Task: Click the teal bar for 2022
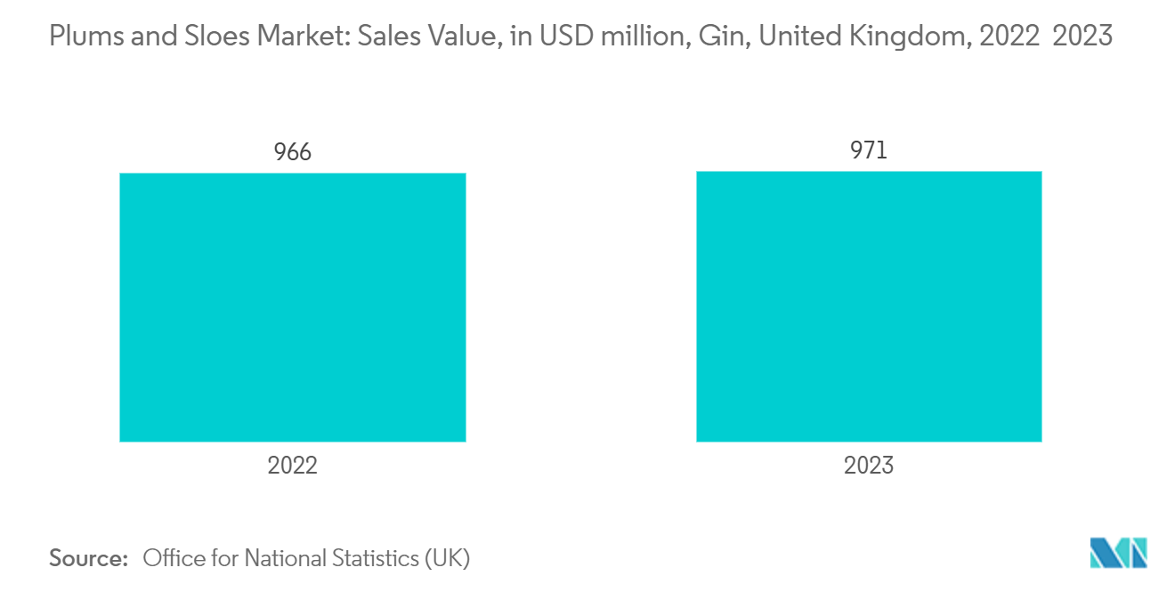(292, 307)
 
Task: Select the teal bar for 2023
(869, 306)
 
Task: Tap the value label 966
(292, 152)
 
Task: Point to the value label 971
(869, 150)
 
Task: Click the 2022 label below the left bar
(292, 465)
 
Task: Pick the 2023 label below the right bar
(869, 465)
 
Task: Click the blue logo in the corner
(1119, 553)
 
